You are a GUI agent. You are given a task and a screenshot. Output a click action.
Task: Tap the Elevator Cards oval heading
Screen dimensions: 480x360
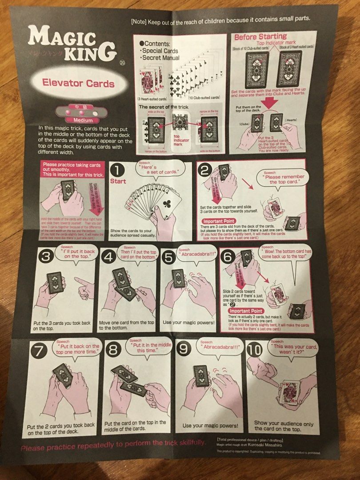(78, 83)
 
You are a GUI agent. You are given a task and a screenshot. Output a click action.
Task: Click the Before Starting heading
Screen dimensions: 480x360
(260, 37)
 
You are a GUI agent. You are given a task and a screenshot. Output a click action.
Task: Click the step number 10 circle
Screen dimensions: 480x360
(256, 349)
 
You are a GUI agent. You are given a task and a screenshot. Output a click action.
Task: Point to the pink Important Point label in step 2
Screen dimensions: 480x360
(222, 221)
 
